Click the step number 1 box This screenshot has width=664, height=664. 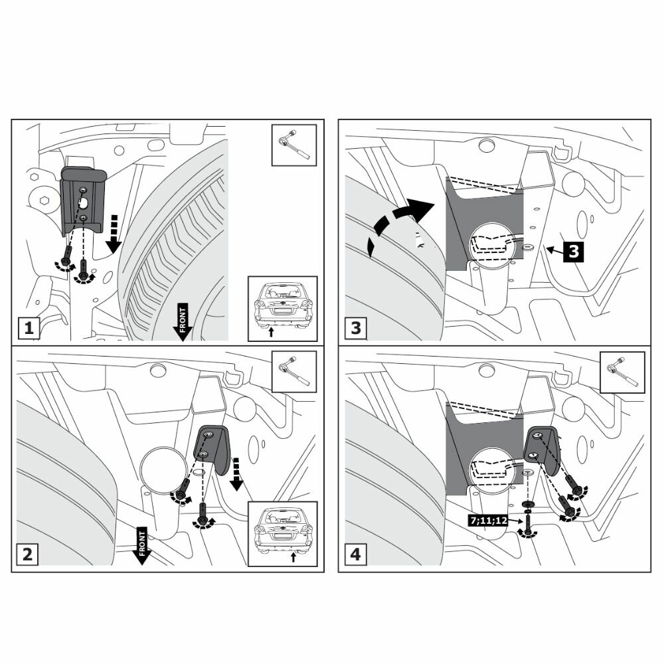[x=28, y=328]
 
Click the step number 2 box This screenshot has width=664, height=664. [x=28, y=554]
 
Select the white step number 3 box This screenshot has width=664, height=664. [x=356, y=328]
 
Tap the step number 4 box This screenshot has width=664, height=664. [x=356, y=554]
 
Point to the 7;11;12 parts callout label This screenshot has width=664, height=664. [x=488, y=521]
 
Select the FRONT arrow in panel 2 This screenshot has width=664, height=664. [x=141, y=544]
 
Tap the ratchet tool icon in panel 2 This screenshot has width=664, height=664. [x=294, y=372]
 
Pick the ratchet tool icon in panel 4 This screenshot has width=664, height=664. [x=622, y=372]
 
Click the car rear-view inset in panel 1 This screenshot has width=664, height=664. [x=282, y=309]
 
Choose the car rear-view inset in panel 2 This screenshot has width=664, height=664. [x=282, y=535]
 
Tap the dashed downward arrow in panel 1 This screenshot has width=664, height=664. [x=114, y=233]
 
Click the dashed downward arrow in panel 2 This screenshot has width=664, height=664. [x=234, y=473]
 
